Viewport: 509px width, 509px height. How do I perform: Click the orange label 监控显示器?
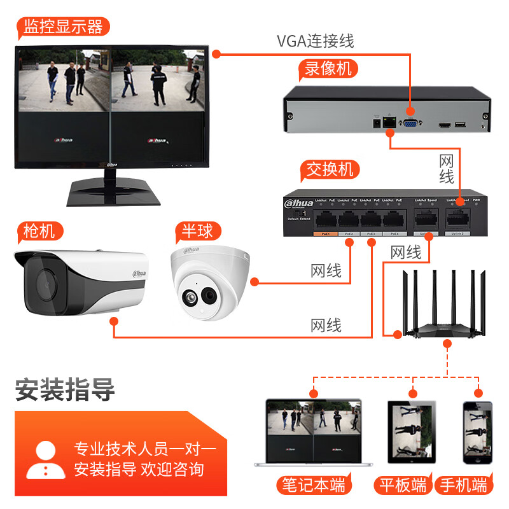click(x=63, y=27)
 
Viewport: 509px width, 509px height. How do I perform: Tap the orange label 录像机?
click(x=328, y=69)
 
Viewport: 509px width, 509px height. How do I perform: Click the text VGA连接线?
click(x=315, y=41)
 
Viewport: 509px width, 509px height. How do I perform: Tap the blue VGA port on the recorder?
click(x=410, y=122)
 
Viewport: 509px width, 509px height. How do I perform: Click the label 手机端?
click(x=464, y=485)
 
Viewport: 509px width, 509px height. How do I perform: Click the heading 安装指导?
click(x=64, y=389)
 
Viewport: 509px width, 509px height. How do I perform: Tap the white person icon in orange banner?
click(x=46, y=459)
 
